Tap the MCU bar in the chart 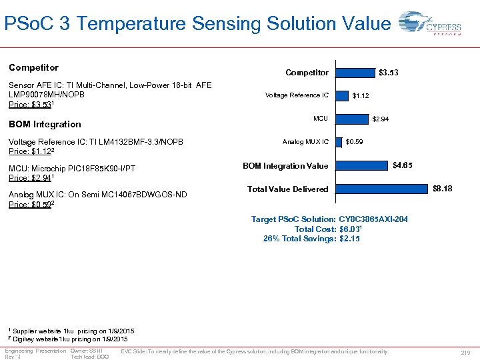click(351, 119)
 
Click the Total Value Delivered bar click(381, 189)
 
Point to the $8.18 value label click(442, 189)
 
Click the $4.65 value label click(402, 165)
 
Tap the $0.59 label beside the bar click(354, 142)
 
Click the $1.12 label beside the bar click(361, 96)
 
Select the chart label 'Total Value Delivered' click(287, 189)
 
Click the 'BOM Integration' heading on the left click(45, 124)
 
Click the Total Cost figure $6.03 click(351, 229)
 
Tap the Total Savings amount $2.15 click(349, 239)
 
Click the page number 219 click(465, 353)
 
